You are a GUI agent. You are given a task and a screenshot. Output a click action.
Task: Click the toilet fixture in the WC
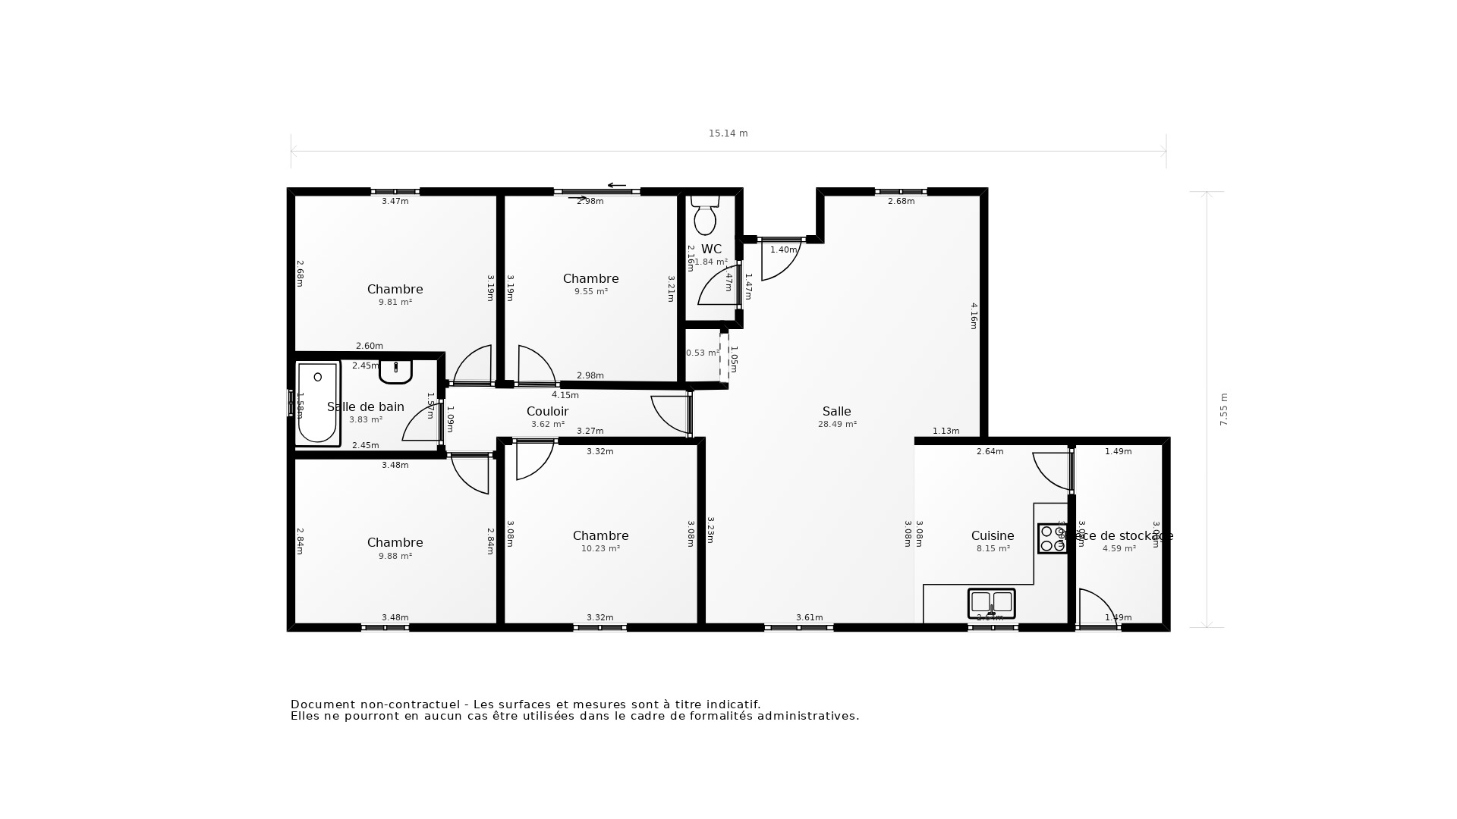click(x=705, y=215)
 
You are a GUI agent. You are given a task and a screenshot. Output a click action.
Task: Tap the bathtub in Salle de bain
click(x=317, y=403)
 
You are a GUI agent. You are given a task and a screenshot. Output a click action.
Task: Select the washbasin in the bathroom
click(x=395, y=371)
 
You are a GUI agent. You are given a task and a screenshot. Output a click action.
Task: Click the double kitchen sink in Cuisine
click(x=991, y=603)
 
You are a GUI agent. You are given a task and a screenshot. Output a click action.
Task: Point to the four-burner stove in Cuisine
click(x=1053, y=538)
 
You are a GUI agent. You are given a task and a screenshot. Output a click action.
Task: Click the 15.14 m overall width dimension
click(x=728, y=133)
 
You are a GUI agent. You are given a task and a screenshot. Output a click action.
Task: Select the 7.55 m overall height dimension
click(x=1223, y=409)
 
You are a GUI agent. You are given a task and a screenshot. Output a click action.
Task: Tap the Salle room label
click(x=836, y=412)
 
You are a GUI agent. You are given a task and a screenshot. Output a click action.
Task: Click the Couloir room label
click(x=547, y=412)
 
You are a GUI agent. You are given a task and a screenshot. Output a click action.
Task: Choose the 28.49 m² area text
click(x=837, y=425)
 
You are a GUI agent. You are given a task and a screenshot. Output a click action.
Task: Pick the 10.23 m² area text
click(x=600, y=549)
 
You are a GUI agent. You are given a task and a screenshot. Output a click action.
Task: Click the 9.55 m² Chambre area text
click(x=590, y=292)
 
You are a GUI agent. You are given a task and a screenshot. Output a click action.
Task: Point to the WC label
click(x=711, y=249)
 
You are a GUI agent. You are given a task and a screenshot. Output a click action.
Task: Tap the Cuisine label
click(x=992, y=536)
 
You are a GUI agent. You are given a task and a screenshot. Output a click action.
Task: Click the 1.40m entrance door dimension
click(x=784, y=250)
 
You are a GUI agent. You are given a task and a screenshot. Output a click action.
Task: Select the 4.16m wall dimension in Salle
click(x=974, y=315)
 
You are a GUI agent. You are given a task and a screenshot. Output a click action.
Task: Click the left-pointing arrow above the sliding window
click(x=616, y=185)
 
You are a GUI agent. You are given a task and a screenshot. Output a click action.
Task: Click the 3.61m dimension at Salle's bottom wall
click(x=809, y=618)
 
